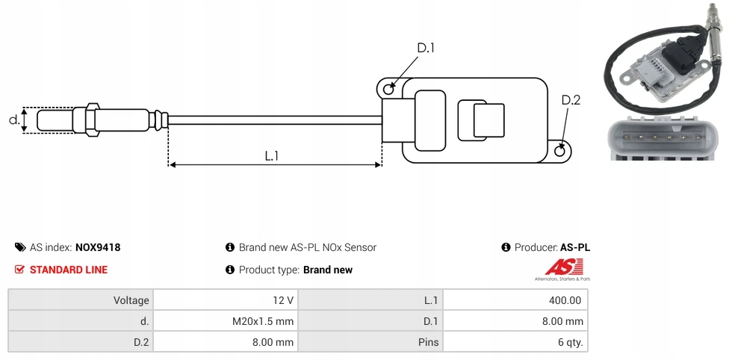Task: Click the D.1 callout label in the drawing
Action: coord(425,49)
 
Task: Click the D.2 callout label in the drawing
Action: coord(570,101)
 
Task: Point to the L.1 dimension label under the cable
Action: coord(271,155)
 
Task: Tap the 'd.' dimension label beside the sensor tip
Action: coord(13,119)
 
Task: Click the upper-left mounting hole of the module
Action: coord(388,90)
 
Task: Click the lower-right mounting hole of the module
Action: coord(560,152)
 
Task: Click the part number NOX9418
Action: coord(98,247)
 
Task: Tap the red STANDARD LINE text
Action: coord(68,270)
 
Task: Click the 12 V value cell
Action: coord(283,300)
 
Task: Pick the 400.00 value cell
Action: coord(565,300)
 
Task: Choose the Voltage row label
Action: coord(131,300)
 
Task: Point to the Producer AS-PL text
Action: coord(552,247)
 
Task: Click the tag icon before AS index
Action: coord(20,247)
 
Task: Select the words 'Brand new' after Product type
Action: coord(328,270)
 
